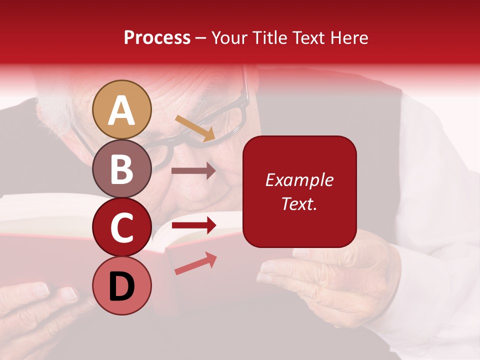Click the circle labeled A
(x=122, y=109)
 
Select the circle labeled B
(x=122, y=168)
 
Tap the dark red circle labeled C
(x=122, y=227)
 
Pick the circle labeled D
(x=122, y=285)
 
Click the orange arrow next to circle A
(x=195, y=128)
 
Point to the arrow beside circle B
(x=193, y=171)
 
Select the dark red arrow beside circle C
(x=193, y=225)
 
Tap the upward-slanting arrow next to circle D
(x=195, y=263)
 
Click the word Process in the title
(x=157, y=38)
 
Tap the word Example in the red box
(x=299, y=180)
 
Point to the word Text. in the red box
(x=299, y=203)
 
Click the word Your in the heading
(x=230, y=38)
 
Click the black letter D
(x=122, y=286)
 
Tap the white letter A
(x=122, y=110)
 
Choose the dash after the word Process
(x=201, y=38)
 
